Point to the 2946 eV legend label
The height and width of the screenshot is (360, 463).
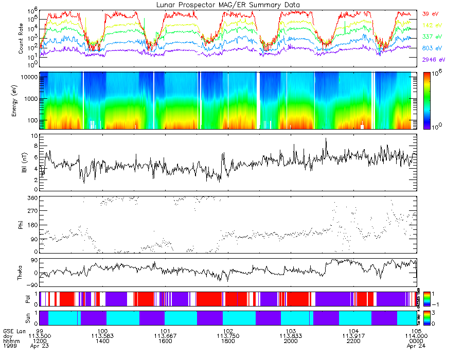[432, 60]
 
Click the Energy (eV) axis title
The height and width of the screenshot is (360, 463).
[21, 100]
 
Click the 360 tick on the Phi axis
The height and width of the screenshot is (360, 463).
[32, 198]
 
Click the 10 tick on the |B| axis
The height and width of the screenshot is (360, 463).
[34, 136]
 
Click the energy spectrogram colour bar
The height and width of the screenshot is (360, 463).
[429, 100]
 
